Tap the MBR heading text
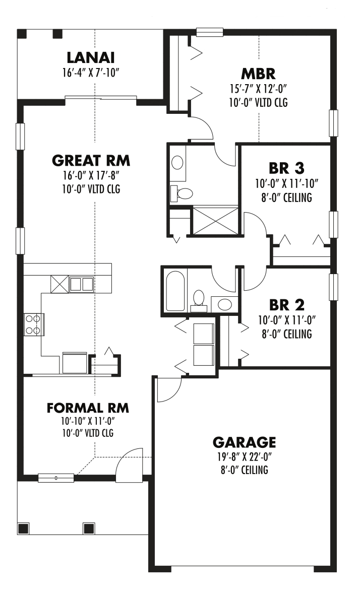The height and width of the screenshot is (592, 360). [x=258, y=75]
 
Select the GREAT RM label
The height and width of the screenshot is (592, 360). [x=91, y=161]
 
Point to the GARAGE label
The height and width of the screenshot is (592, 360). [x=244, y=442]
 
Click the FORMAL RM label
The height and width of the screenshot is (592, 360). [x=88, y=407]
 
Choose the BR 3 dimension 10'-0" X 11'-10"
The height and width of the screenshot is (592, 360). [x=286, y=184]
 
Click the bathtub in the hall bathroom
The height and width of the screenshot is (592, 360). [x=175, y=291]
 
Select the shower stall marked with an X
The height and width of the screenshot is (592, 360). [x=215, y=220]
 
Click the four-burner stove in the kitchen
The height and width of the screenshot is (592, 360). [x=34, y=324]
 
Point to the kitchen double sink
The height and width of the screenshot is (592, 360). [x=81, y=284]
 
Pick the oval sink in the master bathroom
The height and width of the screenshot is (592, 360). [x=177, y=162]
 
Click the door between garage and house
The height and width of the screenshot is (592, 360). [x=167, y=389]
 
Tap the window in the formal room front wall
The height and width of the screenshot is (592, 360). [x=56, y=477]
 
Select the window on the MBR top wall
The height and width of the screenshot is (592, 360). [x=206, y=33]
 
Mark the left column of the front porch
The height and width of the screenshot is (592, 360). [x=23, y=529]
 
